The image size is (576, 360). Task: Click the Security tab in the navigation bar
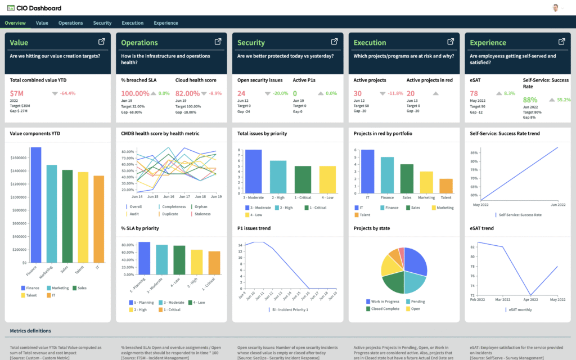click(x=102, y=23)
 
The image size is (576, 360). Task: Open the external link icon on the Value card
click(x=102, y=42)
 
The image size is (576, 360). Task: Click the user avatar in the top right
click(x=556, y=8)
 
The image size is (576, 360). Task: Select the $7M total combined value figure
click(x=17, y=93)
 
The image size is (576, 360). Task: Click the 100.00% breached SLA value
click(x=135, y=93)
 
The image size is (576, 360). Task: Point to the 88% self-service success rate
click(x=530, y=100)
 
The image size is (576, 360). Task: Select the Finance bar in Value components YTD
click(x=36, y=205)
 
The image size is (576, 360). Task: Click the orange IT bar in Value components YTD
click(x=98, y=219)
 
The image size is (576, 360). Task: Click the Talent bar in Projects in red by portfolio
click(x=445, y=186)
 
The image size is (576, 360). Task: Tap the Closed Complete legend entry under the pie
click(x=385, y=309)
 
